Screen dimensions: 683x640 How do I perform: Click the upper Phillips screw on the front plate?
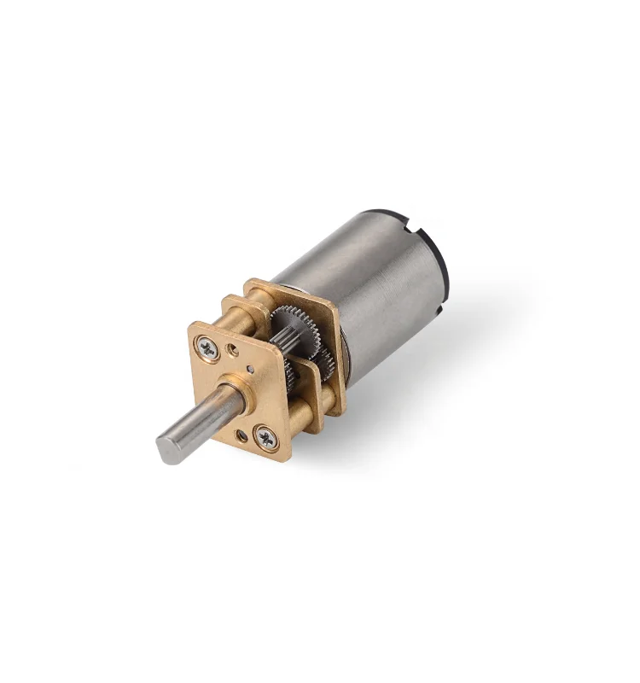point(209,346)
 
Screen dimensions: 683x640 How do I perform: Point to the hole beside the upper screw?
point(232,349)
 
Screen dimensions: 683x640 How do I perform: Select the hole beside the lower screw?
point(242,436)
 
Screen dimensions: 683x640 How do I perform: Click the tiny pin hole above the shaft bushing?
point(250,369)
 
